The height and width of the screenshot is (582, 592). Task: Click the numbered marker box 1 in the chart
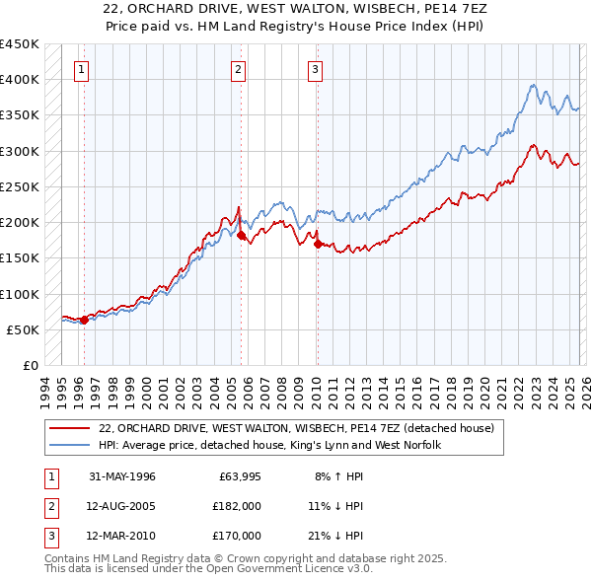(x=80, y=69)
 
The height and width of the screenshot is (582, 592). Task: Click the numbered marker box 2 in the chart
(x=239, y=69)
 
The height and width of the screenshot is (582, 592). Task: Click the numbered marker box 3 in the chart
(x=315, y=69)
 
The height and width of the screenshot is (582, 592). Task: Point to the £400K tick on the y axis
(x=19, y=80)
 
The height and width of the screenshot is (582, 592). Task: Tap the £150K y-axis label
(x=19, y=258)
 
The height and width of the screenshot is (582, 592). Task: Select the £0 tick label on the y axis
(x=30, y=366)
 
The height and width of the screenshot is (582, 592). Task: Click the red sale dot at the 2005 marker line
(x=242, y=235)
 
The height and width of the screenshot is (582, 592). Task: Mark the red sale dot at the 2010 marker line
(x=318, y=244)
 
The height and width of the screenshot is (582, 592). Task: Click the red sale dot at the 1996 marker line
(x=85, y=320)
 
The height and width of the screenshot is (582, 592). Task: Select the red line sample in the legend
(x=69, y=428)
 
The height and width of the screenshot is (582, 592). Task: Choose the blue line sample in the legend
(x=69, y=446)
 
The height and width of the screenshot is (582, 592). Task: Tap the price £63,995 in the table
(x=239, y=476)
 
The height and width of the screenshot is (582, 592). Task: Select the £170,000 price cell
(x=239, y=536)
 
